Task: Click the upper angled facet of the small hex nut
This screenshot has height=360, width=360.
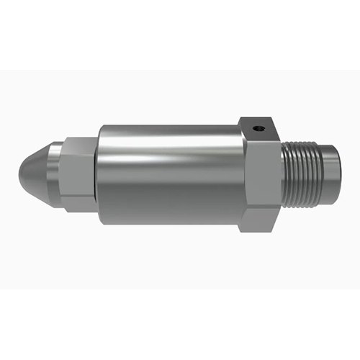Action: click(76, 146)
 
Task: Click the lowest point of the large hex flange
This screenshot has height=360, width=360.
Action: click(259, 229)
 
